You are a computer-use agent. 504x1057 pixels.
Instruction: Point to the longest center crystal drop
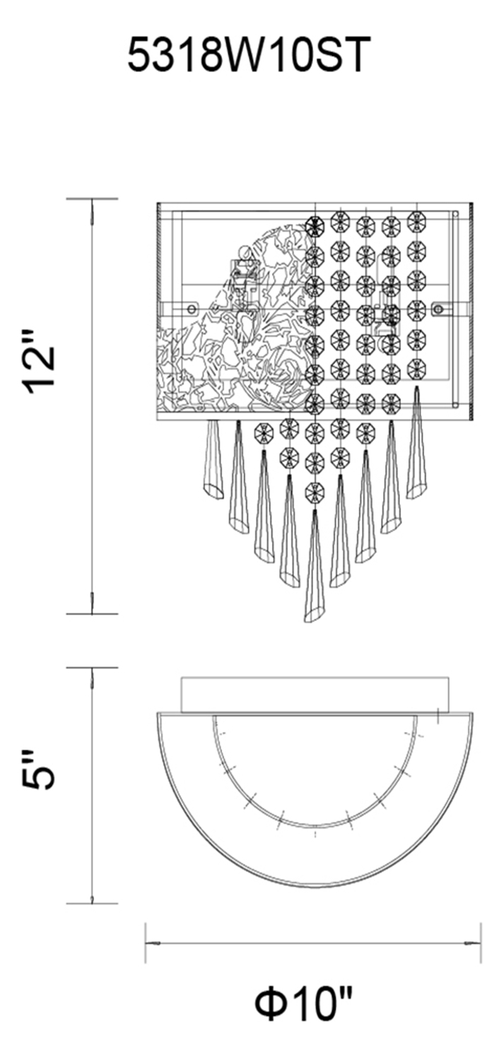(314, 565)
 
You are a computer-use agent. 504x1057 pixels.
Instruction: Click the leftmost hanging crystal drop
(212, 458)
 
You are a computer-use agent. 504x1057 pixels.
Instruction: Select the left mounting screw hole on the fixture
(191, 309)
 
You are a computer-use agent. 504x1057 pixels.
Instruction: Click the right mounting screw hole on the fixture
(440, 309)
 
